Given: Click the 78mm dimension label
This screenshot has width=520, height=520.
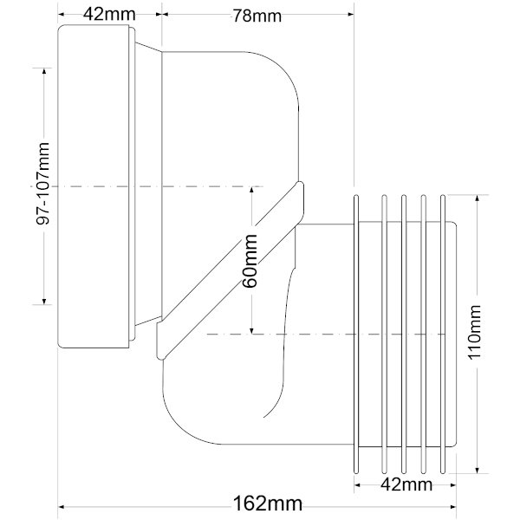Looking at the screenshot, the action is tap(257, 16).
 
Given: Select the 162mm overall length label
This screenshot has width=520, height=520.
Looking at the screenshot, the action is tap(268, 504).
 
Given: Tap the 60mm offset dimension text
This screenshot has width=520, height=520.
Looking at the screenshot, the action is tap(250, 261).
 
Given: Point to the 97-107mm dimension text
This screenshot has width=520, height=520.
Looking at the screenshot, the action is tap(42, 184).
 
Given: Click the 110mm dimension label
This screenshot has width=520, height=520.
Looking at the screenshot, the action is tap(474, 332).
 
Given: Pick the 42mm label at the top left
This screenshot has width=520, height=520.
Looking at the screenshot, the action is tap(109, 14).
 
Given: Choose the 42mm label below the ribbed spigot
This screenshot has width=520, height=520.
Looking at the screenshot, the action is tap(406, 484).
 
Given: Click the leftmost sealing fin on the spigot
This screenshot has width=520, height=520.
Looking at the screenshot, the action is tap(356, 335).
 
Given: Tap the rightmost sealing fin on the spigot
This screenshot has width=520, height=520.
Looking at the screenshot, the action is tap(442, 335).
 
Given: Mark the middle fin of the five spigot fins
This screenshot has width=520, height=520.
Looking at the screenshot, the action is tap(404, 335).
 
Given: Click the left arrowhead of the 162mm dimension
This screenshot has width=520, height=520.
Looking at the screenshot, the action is tap(61, 507).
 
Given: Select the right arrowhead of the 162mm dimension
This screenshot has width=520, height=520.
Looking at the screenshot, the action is tap(453, 507).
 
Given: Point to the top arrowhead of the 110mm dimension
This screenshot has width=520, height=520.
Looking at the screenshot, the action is tap(477, 198).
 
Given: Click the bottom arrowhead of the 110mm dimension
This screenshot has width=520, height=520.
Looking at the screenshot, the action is tap(477, 471).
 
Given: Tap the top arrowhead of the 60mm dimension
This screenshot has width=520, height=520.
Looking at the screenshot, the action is tap(251, 190).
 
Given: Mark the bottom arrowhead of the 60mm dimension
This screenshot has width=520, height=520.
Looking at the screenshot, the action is tap(251, 330).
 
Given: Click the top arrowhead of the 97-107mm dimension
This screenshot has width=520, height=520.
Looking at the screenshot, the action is tap(44, 71).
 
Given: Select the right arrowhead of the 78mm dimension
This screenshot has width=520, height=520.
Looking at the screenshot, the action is tap(350, 14).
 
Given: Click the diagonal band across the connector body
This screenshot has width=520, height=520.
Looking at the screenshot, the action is tap(230, 270).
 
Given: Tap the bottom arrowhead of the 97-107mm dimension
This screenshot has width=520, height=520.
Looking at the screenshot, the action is tap(44, 301).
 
